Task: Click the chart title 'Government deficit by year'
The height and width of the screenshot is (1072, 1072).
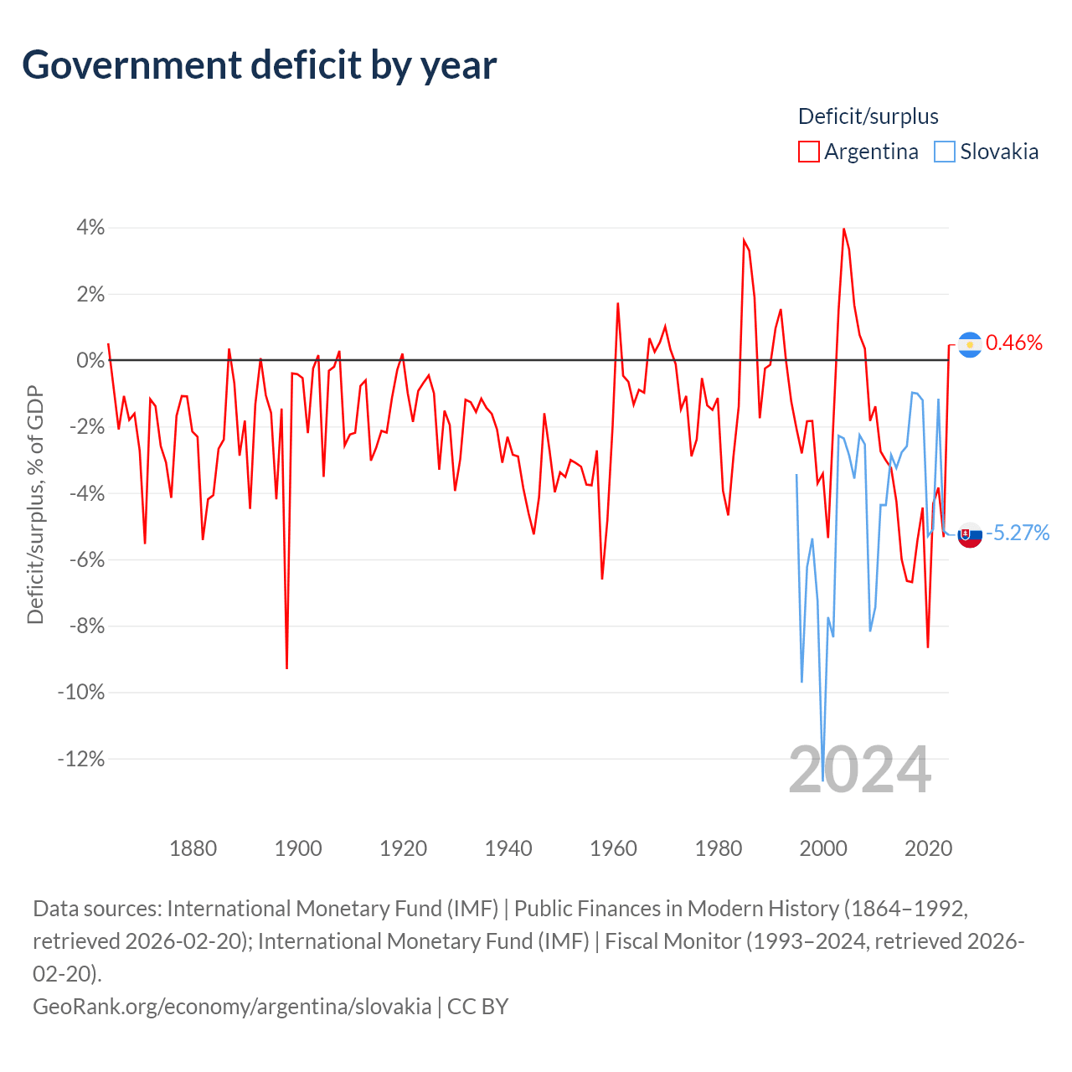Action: [x=259, y=65]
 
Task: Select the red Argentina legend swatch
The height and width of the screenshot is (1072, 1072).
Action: [x=808, y=152]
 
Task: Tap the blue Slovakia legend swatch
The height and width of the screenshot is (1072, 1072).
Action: [x=944, y=152]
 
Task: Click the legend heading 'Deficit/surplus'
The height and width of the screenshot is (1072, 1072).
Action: [x=868, y=116]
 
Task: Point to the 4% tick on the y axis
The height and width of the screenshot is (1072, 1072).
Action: [x=90, y=228]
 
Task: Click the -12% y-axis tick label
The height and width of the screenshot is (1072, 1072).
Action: [x=81, y=759]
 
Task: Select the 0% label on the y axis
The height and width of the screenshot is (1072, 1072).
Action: [x=90, y=360]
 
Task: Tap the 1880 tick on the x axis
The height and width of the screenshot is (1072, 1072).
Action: [x=193, y=848]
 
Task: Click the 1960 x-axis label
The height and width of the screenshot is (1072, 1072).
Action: [x=613, y=848]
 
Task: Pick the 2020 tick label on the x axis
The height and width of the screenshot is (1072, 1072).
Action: [x=929, y=848]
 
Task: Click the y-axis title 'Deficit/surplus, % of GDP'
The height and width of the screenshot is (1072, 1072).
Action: [x=35, y=504]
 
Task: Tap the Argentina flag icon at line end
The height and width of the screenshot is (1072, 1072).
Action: [x=970, y=345]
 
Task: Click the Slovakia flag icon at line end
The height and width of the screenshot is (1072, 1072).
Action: [x=970, y=535]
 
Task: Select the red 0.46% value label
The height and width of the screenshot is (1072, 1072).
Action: [x=1013, y=343]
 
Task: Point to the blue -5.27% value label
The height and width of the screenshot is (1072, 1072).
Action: [x=1018, y=533]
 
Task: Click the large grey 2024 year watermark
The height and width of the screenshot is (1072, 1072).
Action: [x=859, y=770]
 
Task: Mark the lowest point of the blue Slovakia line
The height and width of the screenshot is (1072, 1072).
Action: [x=822, y=781]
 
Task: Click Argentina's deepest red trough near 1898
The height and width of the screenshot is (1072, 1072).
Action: [x=286, y=668]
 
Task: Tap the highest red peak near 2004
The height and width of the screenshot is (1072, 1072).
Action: [x=844, y=229]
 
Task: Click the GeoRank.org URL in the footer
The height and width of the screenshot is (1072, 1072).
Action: [x=232, y=1007]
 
